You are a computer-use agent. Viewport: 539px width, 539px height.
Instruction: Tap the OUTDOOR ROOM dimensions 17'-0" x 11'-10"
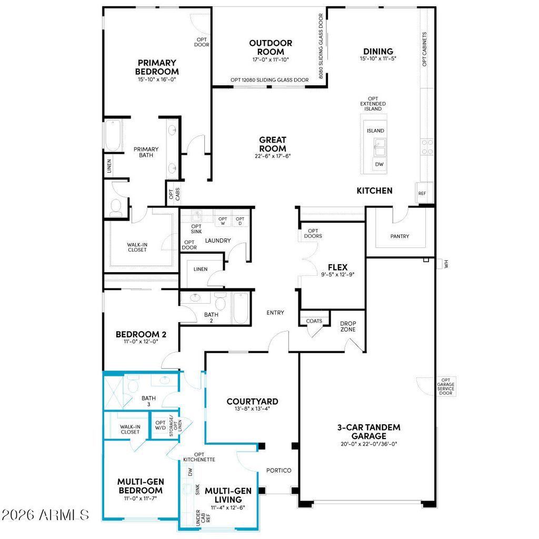pyautogui.click(x=271, y=60)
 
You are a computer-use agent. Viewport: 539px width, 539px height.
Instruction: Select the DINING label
pyautogui.click(x=377, y=52)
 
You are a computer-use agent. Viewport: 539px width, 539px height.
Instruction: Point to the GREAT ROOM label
pyautogui.click(x=273, y=144)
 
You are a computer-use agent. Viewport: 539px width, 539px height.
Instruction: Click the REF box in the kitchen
pyautogui.click(x=422, y=193)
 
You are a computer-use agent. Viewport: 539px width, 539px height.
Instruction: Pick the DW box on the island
pyautogui.click(x=379, y=165)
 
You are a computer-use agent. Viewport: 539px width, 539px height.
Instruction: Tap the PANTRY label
pyautogui.click(x=400, y=236)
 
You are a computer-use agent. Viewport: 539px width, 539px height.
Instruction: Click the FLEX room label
pyautogui.click(x=337, y=267)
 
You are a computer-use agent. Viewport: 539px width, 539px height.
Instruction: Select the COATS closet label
pyautogui.click(x=314, y=321)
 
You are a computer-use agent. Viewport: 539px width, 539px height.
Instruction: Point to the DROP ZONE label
pyautogui.click(x=347, y=326)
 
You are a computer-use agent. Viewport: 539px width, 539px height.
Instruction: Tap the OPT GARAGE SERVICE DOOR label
pyautogui.click(x=446, y=387)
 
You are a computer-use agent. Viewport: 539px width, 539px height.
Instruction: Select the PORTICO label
pyautogui.click(x=278, y=470)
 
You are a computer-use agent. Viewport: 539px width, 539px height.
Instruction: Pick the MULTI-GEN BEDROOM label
pyautogui.click(x=139, y=486)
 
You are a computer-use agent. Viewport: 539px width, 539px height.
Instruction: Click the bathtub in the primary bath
pyautogui.click(x=113, y=136)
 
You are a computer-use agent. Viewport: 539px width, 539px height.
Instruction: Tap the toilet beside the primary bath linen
pyautogui.click(x=116, y=206)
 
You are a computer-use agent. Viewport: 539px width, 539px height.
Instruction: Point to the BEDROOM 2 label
pyautogui.click(x=141, y=334)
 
